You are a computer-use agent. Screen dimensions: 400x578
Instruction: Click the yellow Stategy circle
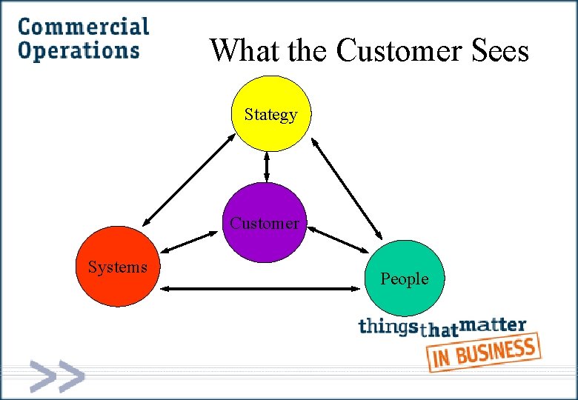[270, 113]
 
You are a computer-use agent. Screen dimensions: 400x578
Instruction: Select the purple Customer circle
[265, 222]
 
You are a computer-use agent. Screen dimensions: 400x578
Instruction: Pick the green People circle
[405, 278]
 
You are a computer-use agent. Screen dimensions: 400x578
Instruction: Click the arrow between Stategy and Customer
[267, 167]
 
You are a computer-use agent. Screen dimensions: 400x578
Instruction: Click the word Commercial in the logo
[83, 27]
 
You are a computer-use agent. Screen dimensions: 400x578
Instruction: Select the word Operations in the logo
[79, 50]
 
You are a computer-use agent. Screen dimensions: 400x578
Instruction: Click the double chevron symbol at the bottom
[57, 376]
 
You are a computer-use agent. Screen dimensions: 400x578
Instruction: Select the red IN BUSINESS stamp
[482, 353]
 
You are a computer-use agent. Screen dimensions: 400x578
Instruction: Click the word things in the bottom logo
[388, 327]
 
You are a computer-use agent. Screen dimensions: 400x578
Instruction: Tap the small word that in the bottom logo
[439, 331]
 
